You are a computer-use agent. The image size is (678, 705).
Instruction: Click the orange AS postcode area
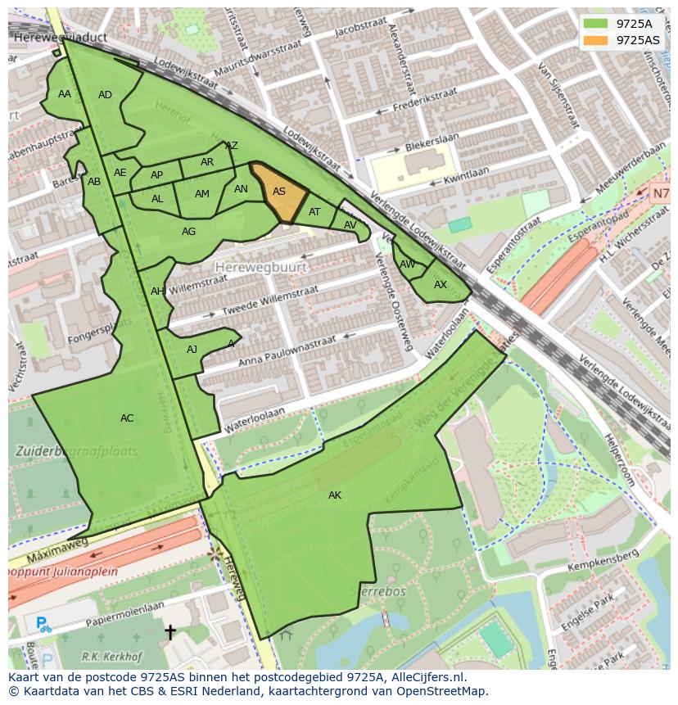pos(278,192)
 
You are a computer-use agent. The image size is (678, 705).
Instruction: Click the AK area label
pos(334,495)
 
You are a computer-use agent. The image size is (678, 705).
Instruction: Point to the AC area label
pos(127,418)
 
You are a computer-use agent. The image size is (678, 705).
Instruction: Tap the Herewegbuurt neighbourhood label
pos(261,267)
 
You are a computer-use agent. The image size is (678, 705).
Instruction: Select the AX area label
pos(441,285)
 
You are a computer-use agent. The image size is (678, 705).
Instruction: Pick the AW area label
pos(408,264)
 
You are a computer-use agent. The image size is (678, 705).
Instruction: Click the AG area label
pos(188,232)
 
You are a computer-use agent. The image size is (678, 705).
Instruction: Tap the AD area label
pos(105,95)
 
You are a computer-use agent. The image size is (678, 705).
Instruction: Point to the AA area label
pos(65,94)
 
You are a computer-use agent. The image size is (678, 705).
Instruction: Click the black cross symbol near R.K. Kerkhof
pos(169,632)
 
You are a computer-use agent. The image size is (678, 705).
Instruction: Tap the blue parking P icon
pos(43,625)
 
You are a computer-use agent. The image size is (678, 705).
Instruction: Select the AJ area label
pos(192,350)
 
